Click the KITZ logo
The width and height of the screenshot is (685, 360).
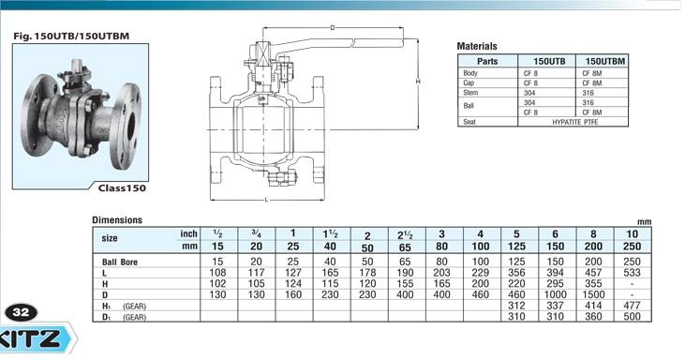click(x=37, y=337)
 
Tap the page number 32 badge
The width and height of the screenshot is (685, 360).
click(x=21, y=312)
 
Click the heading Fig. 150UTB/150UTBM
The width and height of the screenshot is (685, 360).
click(x=71, y=36)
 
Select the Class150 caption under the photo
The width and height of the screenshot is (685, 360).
click(x=122, y=188)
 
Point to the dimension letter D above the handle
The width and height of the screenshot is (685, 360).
click(x=333, y=28)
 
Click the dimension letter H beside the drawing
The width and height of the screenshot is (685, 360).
click(x=418, y=82)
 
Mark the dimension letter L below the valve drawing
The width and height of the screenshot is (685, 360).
click(x=266, y=200)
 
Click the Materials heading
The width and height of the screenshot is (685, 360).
click(x=477, y=46)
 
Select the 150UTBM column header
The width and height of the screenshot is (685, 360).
click(x=605, y=61)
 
